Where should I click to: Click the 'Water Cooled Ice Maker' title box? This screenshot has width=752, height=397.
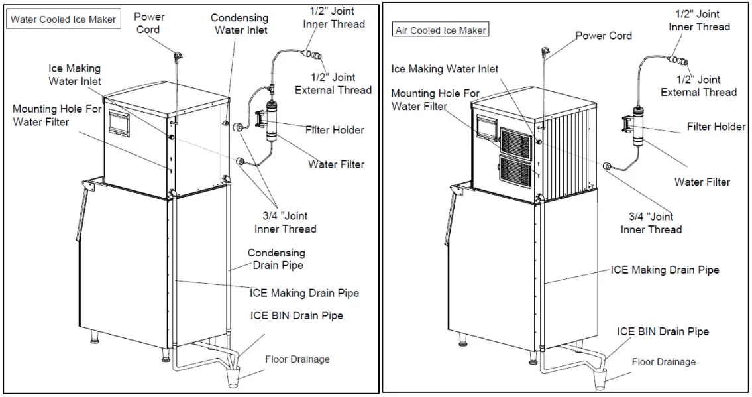63,19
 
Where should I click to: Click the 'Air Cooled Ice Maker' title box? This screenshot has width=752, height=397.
440,30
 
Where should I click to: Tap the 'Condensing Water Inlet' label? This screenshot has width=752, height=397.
239,24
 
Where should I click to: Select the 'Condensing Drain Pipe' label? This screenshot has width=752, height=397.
276,259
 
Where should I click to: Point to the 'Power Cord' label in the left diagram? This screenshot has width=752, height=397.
149,23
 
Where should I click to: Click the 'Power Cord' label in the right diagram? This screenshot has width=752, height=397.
604,36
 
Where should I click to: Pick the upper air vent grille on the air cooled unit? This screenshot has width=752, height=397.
517,141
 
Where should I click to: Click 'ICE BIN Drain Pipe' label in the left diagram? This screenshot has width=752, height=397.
296,316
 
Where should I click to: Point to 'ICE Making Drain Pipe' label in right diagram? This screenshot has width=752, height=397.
665,270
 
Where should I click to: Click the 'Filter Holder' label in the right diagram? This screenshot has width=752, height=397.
716,127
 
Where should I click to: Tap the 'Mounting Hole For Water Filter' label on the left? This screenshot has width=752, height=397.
50,115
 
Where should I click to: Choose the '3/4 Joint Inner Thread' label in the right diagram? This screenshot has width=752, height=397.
651,223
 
